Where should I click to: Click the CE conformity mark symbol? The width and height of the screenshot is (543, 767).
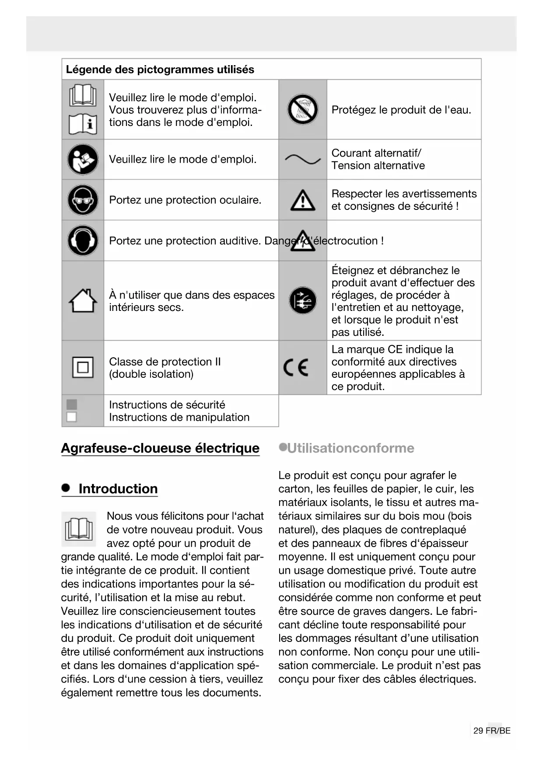296,367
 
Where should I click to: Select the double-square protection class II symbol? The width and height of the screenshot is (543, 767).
83,367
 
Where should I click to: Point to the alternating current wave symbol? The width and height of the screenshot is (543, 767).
302,160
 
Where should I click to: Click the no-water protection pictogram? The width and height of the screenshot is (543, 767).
302,109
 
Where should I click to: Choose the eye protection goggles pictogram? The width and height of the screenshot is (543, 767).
83,200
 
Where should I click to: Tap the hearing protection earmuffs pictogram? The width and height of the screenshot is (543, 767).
83,241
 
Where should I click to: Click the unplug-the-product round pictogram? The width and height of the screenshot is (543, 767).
302,300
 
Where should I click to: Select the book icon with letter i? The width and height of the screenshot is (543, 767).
83,124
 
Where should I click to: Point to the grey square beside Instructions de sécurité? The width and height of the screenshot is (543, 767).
72,404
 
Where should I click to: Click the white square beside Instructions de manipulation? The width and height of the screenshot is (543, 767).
72,417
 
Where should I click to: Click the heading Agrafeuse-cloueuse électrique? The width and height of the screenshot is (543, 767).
160,448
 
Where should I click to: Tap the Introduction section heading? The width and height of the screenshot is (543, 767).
118,489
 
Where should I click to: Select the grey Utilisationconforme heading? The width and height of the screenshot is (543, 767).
350,448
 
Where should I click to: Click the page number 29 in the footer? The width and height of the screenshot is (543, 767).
478,731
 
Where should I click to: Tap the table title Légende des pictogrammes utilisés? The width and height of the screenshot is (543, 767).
160,70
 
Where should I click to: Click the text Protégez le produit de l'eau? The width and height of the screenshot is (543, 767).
401,110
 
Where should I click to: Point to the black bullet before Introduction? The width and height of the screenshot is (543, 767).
66,488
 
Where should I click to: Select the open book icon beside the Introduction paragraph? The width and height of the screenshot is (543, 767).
79,529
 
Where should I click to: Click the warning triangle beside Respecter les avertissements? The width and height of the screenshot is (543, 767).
302,201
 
